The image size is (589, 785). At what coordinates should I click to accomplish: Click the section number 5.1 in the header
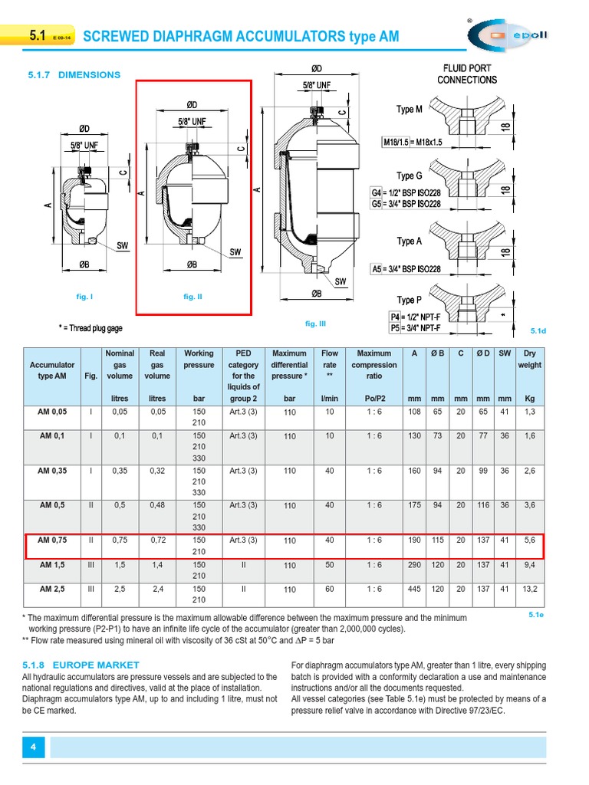(x=38, y=36)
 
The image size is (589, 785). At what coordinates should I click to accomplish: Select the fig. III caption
(x=315, y=324)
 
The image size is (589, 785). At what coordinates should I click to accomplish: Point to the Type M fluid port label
(x=409, y=110)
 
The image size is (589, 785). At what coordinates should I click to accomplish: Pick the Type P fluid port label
(x=409, y=300)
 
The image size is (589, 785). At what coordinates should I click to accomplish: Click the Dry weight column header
(x=529, y=359)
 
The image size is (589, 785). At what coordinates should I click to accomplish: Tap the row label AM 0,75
(x=52, y=540)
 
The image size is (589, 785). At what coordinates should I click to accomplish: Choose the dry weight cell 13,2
(x=529, y=590)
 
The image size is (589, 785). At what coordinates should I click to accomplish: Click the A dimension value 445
(x=414, y=590)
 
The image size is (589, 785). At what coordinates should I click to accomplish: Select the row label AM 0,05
(x=52, y=412)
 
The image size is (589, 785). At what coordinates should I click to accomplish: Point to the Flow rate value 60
(x=330, y=590)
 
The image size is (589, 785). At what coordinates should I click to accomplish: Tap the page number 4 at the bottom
(x=34, y=747)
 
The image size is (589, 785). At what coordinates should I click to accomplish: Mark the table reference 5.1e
(x=536, y=614)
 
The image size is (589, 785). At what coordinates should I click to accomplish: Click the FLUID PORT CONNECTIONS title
(x=467, y=74)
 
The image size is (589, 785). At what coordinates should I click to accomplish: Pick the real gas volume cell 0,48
(x=157, y=505)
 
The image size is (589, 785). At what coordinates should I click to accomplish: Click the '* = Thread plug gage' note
(x=90, y=327)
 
